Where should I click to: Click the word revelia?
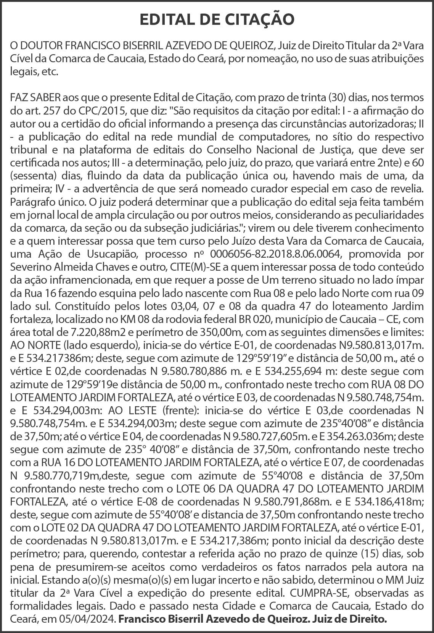[x=407, y=189]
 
